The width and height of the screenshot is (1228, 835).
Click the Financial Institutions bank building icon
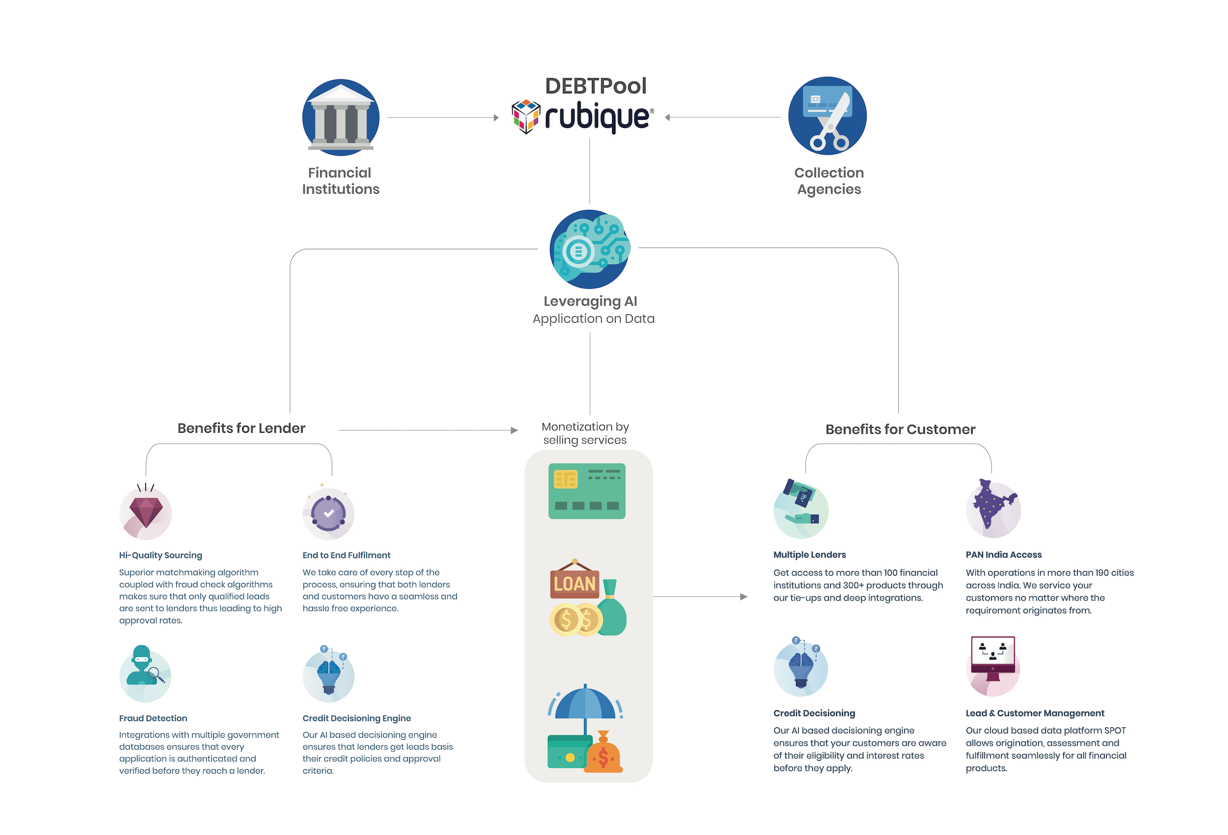point(341,117)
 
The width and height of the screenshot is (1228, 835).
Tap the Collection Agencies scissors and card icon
point(828,116)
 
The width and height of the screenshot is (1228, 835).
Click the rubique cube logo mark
point(526,116)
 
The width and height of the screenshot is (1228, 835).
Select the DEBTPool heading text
point(595,86)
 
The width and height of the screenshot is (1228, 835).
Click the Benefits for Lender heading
point(242,428)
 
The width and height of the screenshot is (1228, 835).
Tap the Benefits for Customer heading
point(900,429)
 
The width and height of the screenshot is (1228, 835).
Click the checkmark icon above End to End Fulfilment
point(329,513)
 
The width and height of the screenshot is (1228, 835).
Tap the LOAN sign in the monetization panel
point(574,584)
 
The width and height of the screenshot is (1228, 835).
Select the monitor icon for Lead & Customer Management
point(993,655)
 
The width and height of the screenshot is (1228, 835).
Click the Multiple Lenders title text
point(809,555)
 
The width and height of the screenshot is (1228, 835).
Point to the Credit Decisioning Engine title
point(357,718)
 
